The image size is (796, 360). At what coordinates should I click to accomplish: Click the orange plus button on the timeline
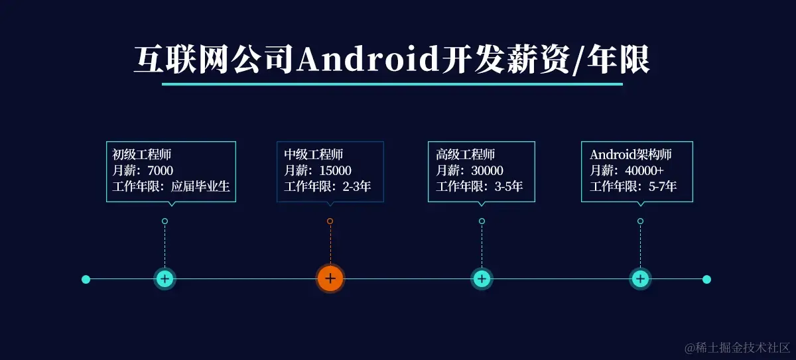tap(330, 278)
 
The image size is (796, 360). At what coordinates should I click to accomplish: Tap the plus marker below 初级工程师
tap(165, 278)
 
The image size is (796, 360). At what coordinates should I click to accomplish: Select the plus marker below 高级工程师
tap(482, 278)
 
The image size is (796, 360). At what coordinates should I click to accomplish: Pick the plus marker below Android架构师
tap(640, 278)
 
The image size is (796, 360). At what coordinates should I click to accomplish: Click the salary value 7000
tap(160, 170)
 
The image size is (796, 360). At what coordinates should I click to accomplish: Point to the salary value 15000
tap(335, 170)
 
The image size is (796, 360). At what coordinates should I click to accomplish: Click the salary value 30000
tap(487, 170)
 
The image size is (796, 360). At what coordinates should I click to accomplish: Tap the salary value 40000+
tap(644, 170)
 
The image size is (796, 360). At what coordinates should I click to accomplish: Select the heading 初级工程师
tap(141, 154)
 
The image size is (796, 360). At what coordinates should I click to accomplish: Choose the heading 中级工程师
tap(313, 154)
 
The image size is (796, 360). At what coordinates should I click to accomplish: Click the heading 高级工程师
tap(465, 154)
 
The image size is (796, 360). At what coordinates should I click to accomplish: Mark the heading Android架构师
tap(630, 154)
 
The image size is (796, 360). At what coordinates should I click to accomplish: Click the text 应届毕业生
tap(200, 186)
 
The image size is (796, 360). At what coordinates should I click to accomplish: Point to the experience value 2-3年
tap(356, 186)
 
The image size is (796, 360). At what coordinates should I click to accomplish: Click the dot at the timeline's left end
tap(86, 279)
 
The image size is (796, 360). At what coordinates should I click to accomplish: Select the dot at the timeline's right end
tap(706, 279)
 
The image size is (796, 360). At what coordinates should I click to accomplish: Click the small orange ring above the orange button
tap(330, 221)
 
